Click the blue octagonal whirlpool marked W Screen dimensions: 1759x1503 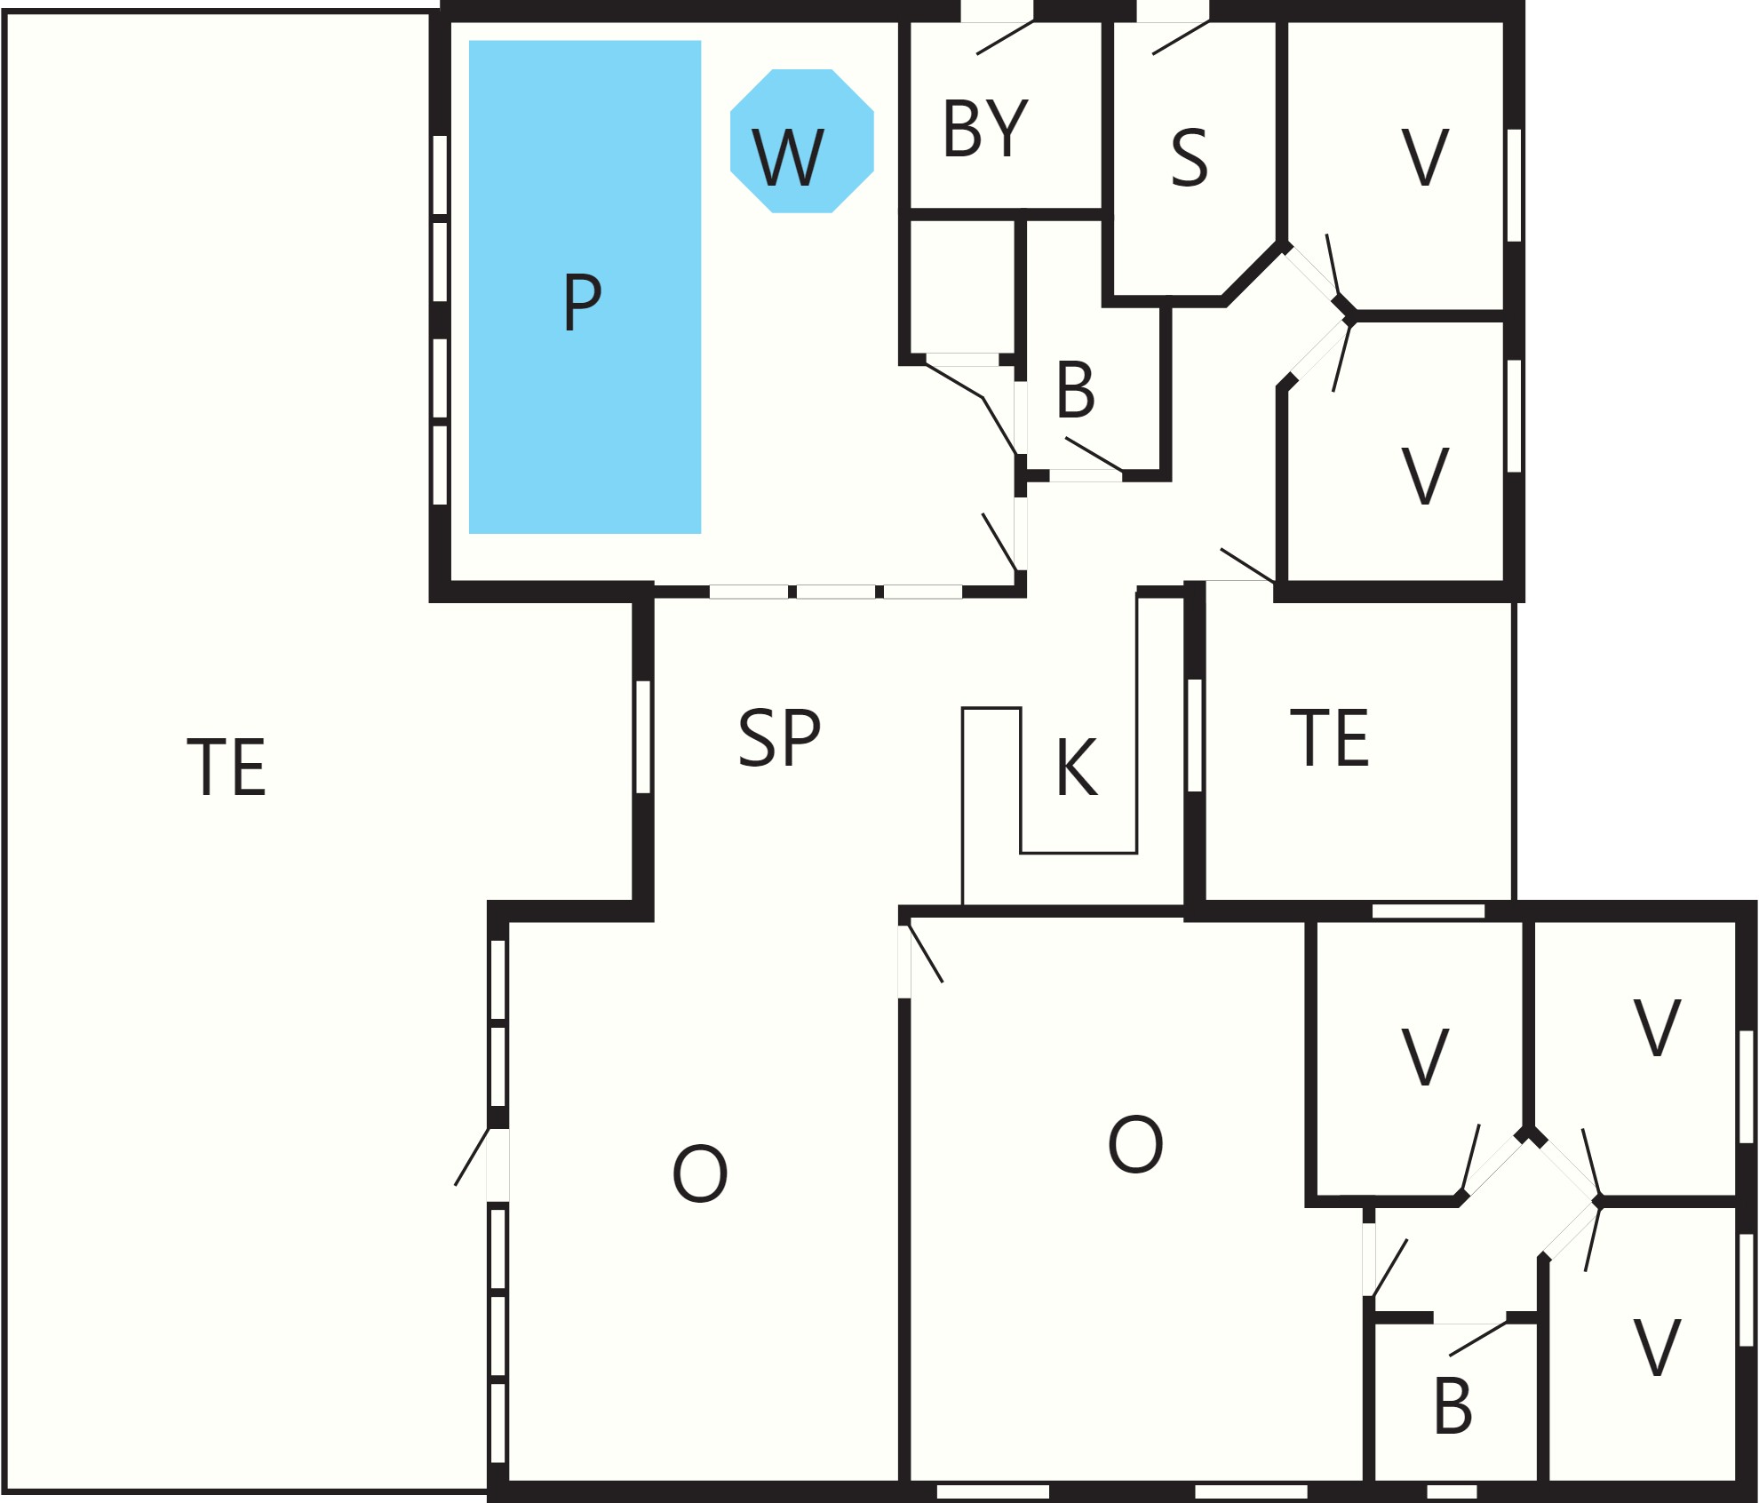pos(801,140)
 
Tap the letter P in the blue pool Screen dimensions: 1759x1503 pos(583,302)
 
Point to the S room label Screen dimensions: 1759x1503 pos(1190,157)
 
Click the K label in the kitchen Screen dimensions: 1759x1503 pos(1077,767)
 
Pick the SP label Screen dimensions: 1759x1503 pos(779,737)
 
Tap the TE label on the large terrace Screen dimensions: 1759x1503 pos(227,767)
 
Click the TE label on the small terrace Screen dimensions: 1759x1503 pos(1330,737)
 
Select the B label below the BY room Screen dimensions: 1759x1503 pos(1075,390)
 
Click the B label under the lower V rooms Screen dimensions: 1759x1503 pos(1453,1407)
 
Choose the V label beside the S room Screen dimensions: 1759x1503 pos(1425,157)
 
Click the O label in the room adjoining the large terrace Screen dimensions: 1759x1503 pos(700,1173)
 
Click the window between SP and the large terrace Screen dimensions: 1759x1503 pos(643,736)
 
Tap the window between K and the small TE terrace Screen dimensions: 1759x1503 pos(1195,734)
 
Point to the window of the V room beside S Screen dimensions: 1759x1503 pos(1514,185)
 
